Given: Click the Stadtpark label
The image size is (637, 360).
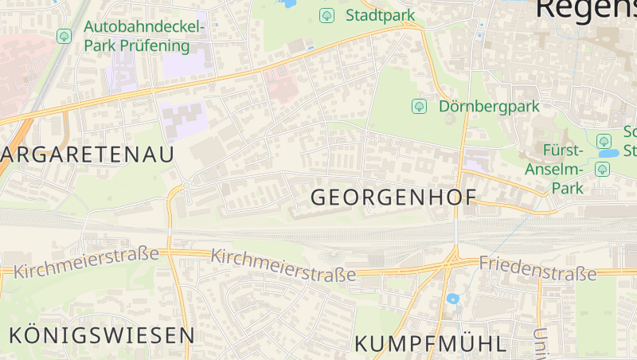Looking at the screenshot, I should [381, 15].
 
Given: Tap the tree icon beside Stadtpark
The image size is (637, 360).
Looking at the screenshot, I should [326, 15].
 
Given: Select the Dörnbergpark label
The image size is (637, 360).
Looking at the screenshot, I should [489, 106].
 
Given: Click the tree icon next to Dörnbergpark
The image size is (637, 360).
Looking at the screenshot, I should [419, 106].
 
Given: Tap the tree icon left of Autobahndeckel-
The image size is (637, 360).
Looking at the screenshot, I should [64, 36].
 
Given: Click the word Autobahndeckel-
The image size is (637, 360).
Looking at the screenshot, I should [144, 27].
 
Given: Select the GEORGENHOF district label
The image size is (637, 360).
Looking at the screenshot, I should [393, 198].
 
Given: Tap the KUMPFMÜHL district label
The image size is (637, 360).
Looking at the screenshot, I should [429, 344].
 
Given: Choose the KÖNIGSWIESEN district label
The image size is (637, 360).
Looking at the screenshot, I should [101, 335].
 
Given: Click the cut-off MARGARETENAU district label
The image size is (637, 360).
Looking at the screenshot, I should [87, 155].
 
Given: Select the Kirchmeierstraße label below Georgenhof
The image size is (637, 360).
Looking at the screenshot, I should [283, 266].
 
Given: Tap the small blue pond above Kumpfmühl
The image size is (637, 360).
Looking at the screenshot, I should [453, 299].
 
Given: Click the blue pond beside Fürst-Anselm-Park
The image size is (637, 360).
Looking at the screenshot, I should [608, 152].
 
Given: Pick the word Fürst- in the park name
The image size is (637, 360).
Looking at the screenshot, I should [563, 151].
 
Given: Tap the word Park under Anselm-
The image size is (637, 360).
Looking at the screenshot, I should [570, 188].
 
